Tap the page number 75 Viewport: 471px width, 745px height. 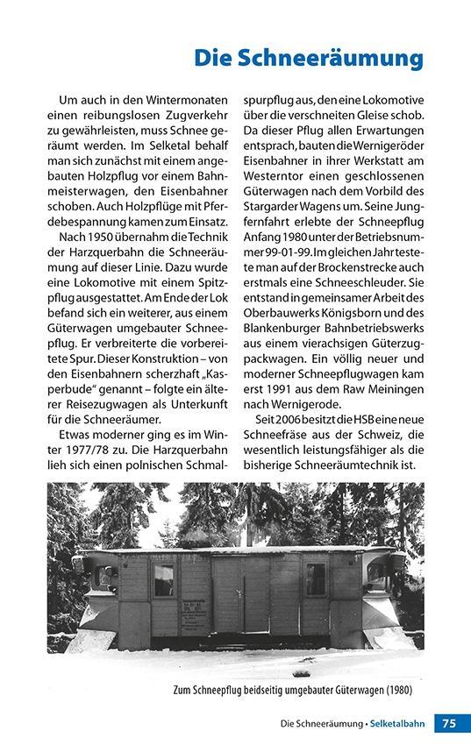pos(448,723)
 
